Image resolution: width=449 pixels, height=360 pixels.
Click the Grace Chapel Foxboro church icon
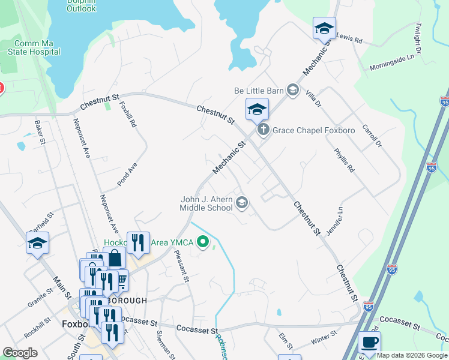(262, 130)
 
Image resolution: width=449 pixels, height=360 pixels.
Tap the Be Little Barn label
(258, 91)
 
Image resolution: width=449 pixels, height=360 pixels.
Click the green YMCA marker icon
(203, 242)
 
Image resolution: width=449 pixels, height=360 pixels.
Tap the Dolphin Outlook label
(81, 5)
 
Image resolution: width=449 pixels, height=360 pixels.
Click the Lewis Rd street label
(350, 39)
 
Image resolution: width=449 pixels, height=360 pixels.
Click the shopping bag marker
(115, 259)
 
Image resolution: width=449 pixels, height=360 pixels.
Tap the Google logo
(20, 353)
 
